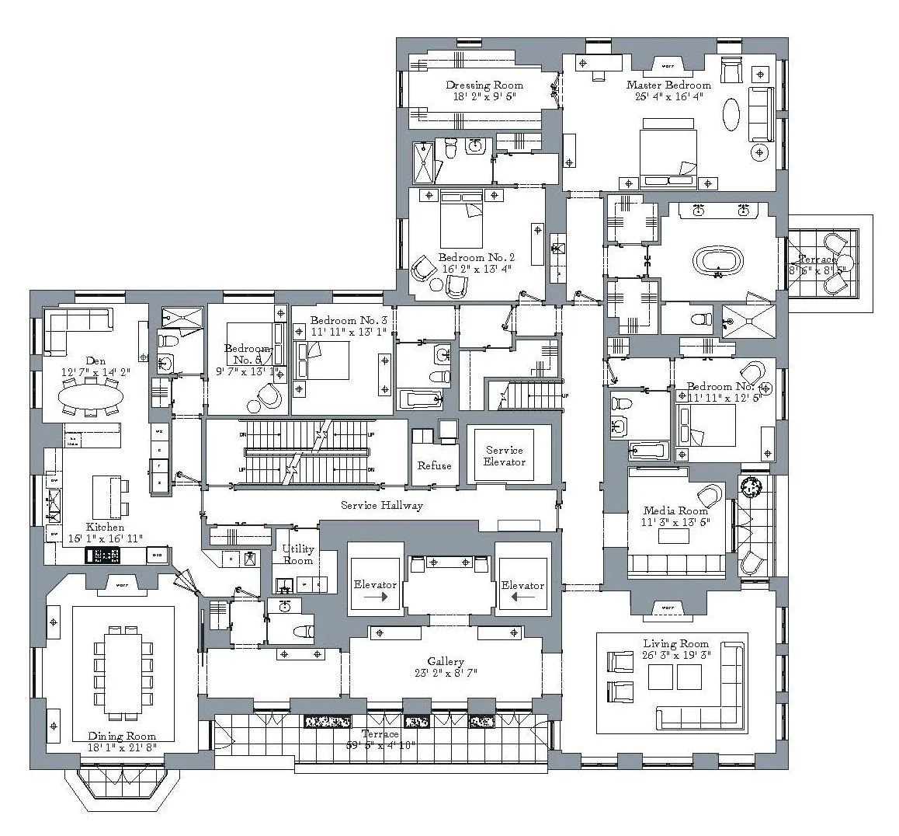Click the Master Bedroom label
click(668, 85)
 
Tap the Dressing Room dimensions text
click(484, 97)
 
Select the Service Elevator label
click(505, 455)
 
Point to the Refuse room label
click(434, 466)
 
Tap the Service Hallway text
click(382, 506)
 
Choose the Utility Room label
click(298, 555)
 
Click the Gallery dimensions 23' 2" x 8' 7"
click(446, 673)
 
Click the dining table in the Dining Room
click(123, 672)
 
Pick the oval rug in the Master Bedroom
click(733, 116)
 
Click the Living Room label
click(676, 643)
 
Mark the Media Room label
click(675, 510)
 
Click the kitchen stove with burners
click(102, 555)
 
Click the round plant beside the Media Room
click(750, 487)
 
